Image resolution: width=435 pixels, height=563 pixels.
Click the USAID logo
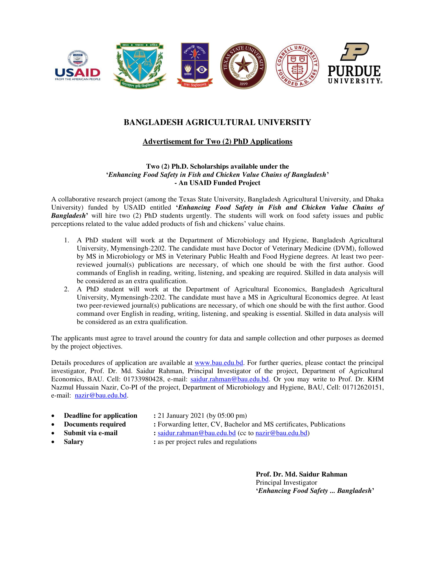[77, 66]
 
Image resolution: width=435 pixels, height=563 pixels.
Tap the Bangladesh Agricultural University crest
[139, 66]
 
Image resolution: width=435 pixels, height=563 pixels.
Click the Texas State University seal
[243, 66]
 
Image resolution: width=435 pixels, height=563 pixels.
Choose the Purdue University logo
[354, 63]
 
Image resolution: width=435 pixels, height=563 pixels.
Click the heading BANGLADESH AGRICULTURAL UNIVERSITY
[217, 122]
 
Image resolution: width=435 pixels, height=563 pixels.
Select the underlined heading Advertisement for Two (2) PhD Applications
[217, 142]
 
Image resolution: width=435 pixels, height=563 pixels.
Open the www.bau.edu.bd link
[219, 363]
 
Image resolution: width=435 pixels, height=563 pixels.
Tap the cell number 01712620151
[363, 387]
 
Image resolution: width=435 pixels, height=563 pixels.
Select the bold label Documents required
[95, 424]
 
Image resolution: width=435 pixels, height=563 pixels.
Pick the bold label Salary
[74, 442]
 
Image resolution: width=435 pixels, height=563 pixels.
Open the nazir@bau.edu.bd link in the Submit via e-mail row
[281, 433]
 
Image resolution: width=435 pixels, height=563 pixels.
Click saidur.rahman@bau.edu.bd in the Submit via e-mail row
[197, 433]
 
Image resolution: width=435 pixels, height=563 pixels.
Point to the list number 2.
[66, 289]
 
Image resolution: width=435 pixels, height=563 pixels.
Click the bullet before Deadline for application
[53, 416]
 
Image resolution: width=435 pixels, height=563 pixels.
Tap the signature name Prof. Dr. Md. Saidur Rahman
[301, 474]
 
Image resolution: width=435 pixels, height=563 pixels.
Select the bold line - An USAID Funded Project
[217, 183]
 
